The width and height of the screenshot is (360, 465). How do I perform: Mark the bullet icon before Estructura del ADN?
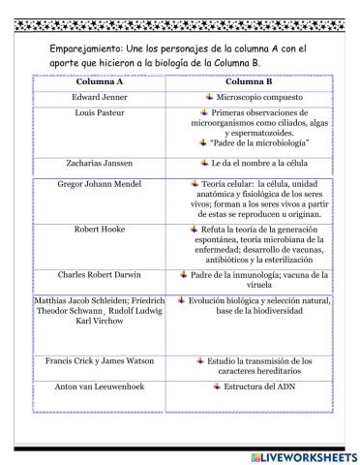pyautogui.click(x=215, y=385)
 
